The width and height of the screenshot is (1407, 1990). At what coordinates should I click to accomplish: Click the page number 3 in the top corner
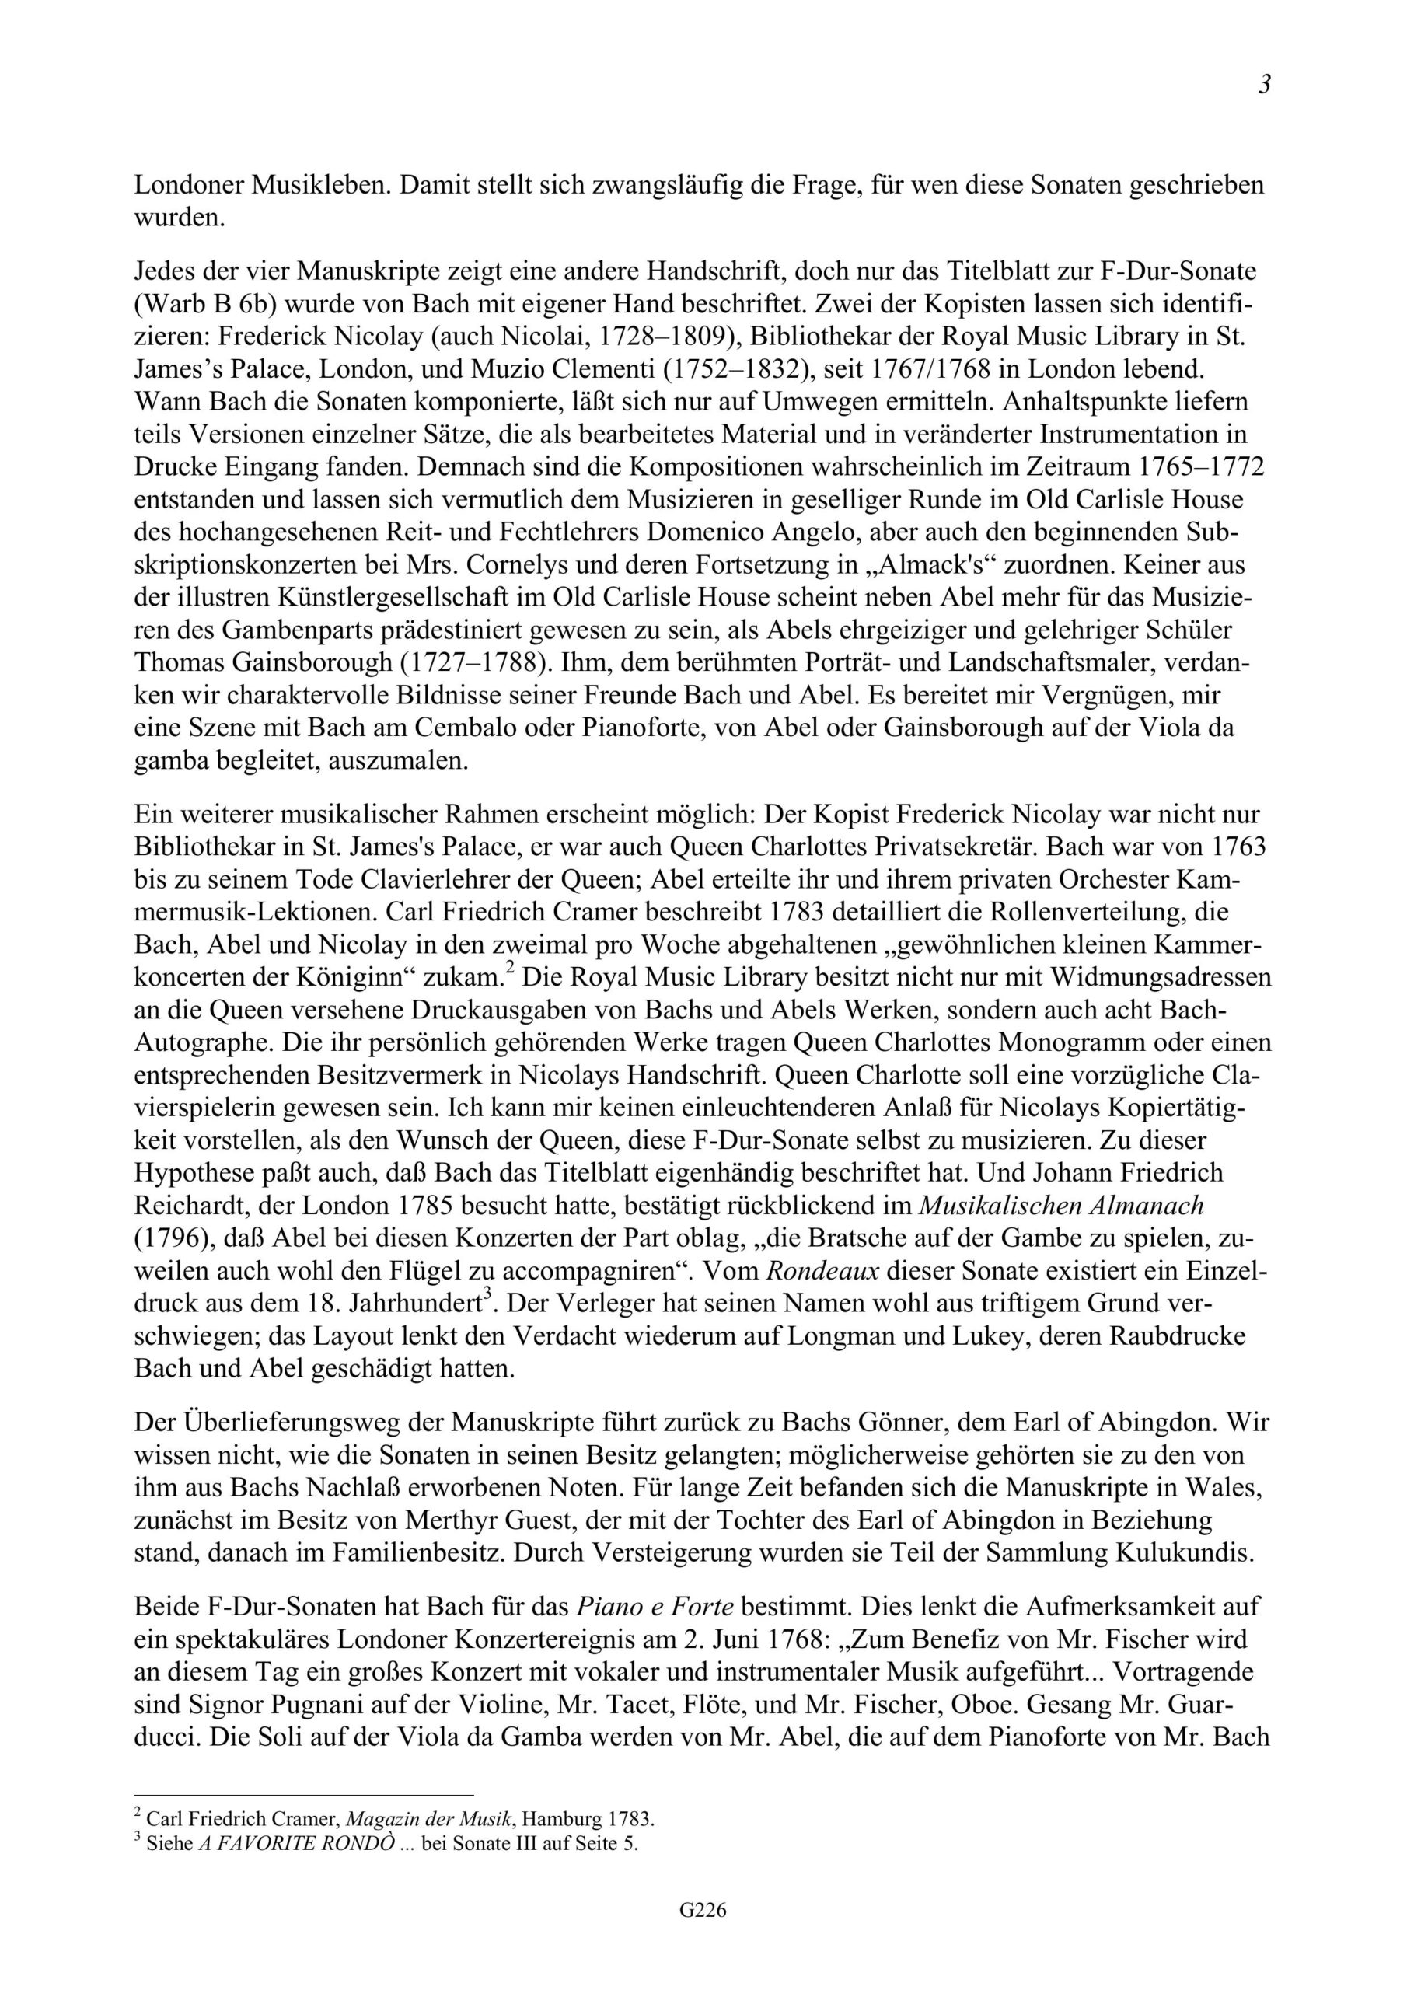point(1264,85)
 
